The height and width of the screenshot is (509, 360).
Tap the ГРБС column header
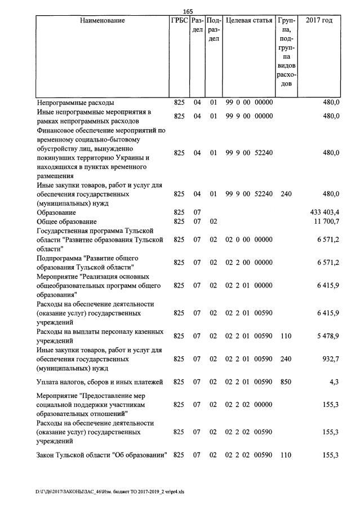(x=179, y=21)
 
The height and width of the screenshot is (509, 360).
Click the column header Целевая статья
(x=249, y=21)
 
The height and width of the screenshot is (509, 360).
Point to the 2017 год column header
(x=319, y=21)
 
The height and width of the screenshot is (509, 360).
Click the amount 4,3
(x=334, y=382)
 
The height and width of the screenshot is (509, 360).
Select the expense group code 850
(x=286, y=382)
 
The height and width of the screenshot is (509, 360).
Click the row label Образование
(x=56, y=213)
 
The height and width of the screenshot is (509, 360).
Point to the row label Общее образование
(x=67, y=222)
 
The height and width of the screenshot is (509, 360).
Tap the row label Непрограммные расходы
(x=75, y=103)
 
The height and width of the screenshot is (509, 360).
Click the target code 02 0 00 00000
(x=249, y=240)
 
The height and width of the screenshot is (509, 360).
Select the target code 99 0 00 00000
(x=249, y=103)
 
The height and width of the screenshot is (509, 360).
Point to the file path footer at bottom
(x=109, y=492)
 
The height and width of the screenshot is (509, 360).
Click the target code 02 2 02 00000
(x=249, y=405)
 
